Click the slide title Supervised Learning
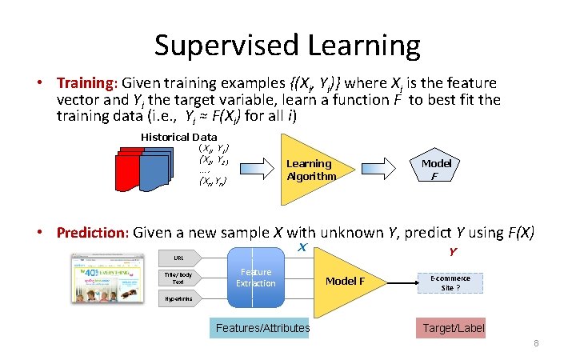pyautogui.click(x=287, y=46)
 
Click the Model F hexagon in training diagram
pyautogui.click(x=436, y=169)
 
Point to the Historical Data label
pyautogui.click(x=178, y=137)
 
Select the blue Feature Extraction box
pyautogui.click(x=255, y=278)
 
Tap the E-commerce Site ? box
pyautogui.click(x=450, y=282)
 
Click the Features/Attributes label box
pyautogui.click(x=262, y=328)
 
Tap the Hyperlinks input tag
pyautogui.click(x=180, y=299)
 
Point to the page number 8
pyautogui.click(x=537, y=343)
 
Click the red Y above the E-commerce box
pyautogui.click(x=453, y=251)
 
